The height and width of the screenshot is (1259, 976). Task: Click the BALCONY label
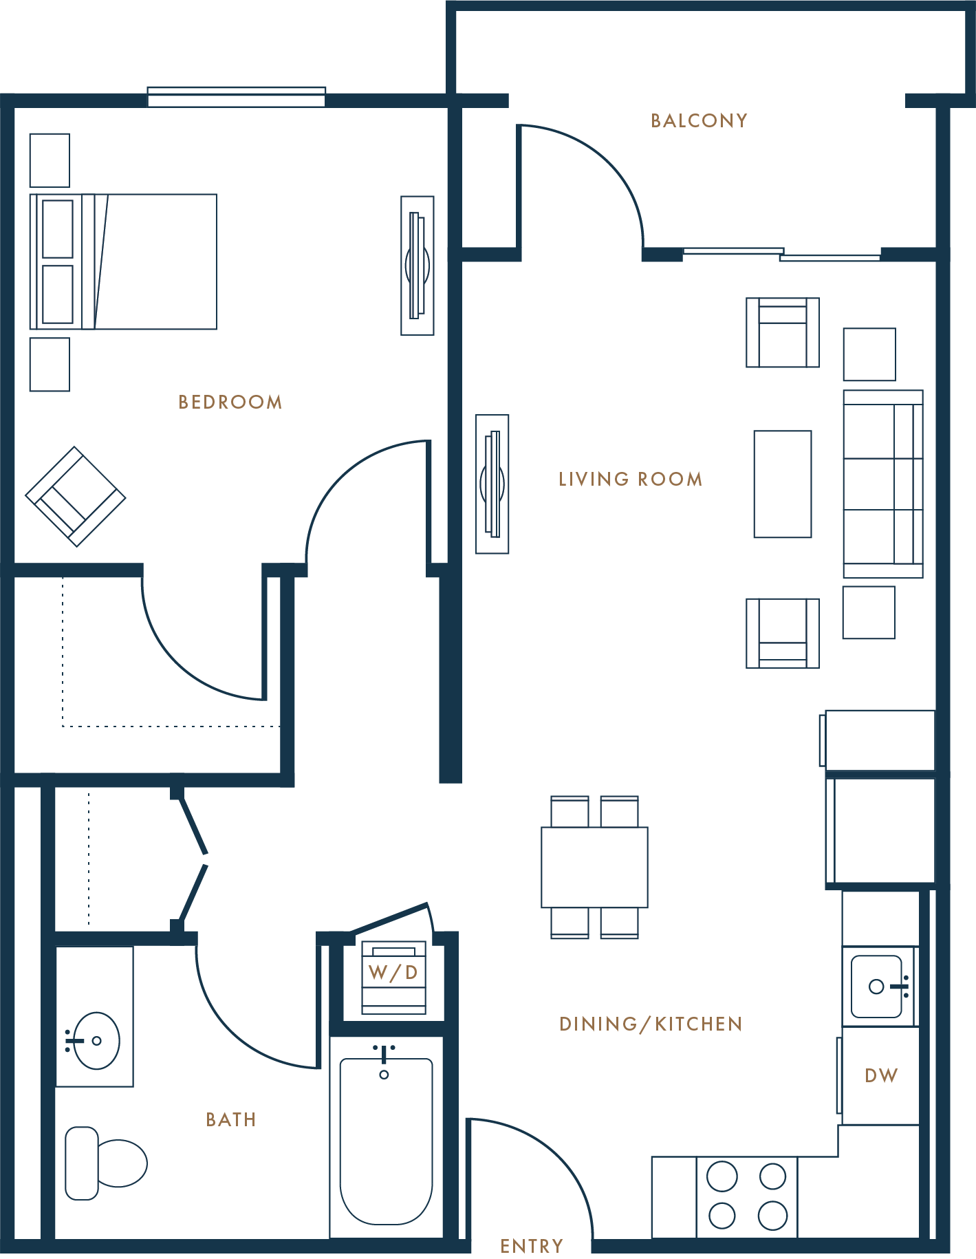pos(699,121)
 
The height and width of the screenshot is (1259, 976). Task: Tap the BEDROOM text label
pos(230,402)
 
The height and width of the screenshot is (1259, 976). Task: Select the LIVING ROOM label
pos(631,480)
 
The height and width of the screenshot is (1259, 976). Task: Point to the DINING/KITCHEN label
pos(651,1024)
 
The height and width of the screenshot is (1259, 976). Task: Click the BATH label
pos(231,1120)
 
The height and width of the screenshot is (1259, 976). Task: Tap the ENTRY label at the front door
pos(532,1246)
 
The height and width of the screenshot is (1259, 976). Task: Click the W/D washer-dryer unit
pos(393,977)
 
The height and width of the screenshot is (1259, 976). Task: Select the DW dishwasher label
pos(881,1076)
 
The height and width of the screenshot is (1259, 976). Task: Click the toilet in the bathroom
pos(105,1163)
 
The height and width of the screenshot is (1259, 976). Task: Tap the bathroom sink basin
pos(96,1040)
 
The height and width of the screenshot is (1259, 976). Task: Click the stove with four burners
pos(747,1196)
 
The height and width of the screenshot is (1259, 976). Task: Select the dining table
pos(594,867)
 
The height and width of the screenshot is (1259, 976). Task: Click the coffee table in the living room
pos(783,484)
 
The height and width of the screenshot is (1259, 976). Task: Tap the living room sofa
pos(883,484)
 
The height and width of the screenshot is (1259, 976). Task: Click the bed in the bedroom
pos(124,261)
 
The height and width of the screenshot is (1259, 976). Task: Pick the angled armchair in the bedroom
pos(76,496)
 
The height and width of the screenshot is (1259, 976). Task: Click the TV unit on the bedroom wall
pos(417,266)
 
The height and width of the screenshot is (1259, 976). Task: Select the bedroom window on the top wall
pos(237,96)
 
